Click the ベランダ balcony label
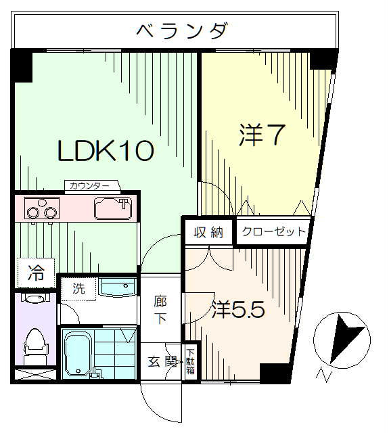click(x=182, y=30)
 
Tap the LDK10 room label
click(x=105, y=150)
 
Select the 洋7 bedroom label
click(x=261, y=135)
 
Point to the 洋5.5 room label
click(x=238, y=309)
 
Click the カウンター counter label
click(x=89, y=185)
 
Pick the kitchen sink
click(x=113, y=208)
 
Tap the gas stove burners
click(x=42, y=208)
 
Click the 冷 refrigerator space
click(x=36, y=273)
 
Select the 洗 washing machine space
click(x=79, y=289)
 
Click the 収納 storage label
click(x=208, y=232)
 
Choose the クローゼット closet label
click(x=273, y=231)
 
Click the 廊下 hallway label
click(x=160, y=309)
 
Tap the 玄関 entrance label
click(x=162, y=362)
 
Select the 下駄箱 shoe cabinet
click(x=191, y=362)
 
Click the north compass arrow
click(x=347, y=340)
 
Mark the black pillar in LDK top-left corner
click(x=22, y=66)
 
